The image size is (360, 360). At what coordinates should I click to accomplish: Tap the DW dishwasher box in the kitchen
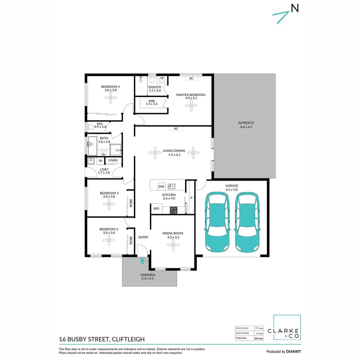tap(162, 186)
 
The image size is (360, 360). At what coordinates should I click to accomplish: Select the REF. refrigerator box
tap(157, 209)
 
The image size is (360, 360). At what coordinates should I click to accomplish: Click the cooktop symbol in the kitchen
tap(174, 210)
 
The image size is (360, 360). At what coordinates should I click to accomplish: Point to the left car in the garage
tap(217, 223)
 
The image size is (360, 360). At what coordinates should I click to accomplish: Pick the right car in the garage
tap(247, 223)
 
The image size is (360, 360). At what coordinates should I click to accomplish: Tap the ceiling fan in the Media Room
tap(173, 246)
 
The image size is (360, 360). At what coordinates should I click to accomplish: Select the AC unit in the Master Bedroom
tap(191, 78)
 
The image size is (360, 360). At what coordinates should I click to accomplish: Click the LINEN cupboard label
tap(113, 161)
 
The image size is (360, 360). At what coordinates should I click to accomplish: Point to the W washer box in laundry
tap(100, 161)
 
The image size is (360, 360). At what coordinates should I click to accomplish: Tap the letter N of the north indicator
tap(295, 8)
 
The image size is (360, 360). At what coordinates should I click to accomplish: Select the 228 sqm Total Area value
tap(259, 338)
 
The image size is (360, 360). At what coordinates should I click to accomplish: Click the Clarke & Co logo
tap(287, 328)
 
